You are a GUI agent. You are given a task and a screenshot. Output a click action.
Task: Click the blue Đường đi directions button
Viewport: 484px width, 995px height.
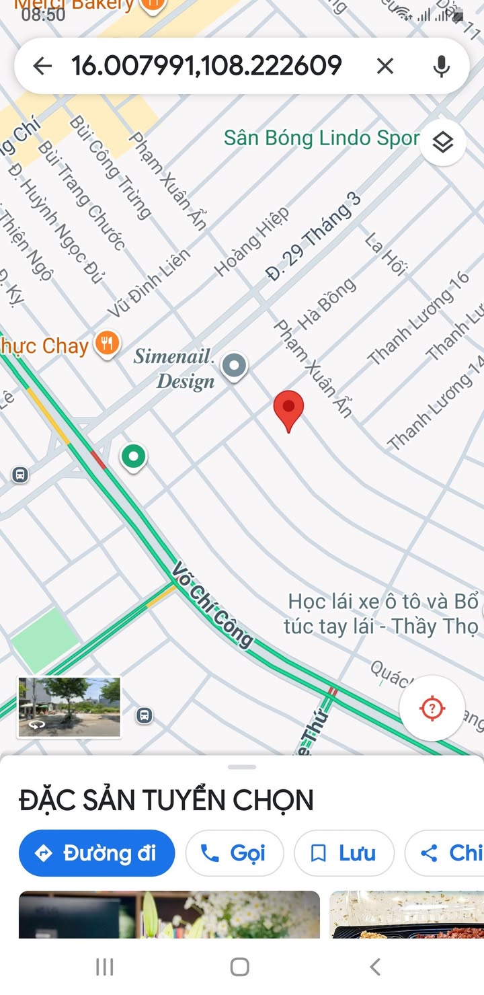click(x=97, y=853)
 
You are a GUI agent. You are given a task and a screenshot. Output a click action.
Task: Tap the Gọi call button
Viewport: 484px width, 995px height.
click(x=234, y=853)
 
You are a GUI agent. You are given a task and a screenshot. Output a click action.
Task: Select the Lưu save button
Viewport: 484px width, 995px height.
click(x=344, y=853)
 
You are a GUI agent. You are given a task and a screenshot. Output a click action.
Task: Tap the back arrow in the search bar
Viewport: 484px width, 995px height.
click(x=42, y=66)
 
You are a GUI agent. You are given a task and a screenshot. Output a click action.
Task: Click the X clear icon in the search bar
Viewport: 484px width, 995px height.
click(x=385, y=66)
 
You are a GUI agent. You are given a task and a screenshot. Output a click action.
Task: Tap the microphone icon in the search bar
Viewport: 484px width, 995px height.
click(x=441, y=66)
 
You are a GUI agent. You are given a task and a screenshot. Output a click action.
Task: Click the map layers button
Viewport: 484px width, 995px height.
click(x=442, y=143)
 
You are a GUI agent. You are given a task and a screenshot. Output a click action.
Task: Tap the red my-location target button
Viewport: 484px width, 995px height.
click(x=432, y=709)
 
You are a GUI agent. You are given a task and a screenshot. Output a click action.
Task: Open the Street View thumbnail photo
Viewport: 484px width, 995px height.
click(x=69, y=707)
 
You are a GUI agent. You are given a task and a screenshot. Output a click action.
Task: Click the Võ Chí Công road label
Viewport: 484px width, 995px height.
click(x=212, y=606)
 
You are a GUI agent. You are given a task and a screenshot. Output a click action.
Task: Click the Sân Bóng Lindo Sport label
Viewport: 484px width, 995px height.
click(x=321, y=138)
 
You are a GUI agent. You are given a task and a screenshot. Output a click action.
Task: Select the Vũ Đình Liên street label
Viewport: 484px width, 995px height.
click(x=149, y=283)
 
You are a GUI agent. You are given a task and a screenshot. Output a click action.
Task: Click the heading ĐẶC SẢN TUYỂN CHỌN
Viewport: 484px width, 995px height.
click(x=166, y=800)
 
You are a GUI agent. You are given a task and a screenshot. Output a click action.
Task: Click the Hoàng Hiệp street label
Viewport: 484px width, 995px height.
click(x=252, y=242)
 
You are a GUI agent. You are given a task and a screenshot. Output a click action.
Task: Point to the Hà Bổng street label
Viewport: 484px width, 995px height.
click(x=327, y=303)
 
